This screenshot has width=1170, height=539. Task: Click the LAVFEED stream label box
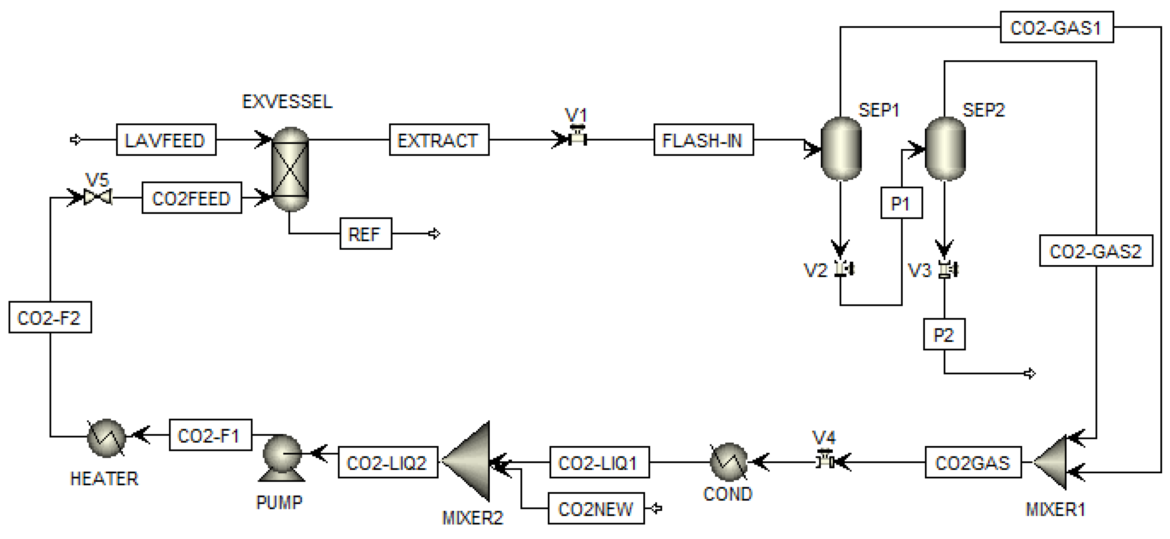click(x=166, y=140)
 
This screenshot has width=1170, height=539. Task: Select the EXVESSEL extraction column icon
click(x=290, y=169)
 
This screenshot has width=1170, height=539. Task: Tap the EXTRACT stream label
click(x=439, y=140)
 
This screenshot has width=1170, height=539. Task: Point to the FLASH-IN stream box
click(x=703, y=140)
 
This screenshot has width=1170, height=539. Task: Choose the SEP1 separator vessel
click(x=841, y=149)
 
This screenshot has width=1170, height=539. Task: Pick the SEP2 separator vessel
click(x=945, y=149)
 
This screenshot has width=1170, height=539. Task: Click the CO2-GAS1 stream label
click(x=1056, y=28)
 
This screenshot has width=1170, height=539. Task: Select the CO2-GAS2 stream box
click(x=1095, y=250)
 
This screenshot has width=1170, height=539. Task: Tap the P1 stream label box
click(x=901, y=203)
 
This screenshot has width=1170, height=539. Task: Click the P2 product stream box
click(x=944, y=335)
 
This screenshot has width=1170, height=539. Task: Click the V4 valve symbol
click(x=824, y=459)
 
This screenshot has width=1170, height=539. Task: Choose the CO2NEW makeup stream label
click(x=595, y=509)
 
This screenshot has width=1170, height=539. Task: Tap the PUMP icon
click(x=282, y=458)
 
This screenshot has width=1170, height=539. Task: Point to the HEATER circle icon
click(x=106, y=437)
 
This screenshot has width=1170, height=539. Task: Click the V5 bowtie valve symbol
click(x=98, y=197)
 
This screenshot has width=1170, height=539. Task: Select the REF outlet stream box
click(x=366, y=234)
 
